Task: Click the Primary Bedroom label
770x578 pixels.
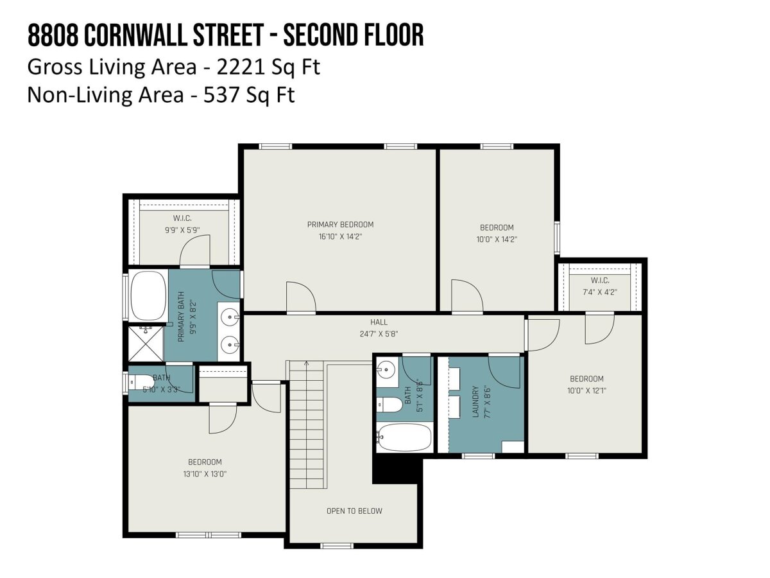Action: [x=340, y=225]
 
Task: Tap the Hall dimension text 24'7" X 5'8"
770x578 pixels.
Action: [x=379, y=334]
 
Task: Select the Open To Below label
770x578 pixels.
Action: [x=354, y=511]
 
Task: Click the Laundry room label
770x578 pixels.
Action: [x=475, y=402]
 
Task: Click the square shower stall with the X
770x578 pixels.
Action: [x=146, y=344]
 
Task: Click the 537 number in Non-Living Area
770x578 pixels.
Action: [x=219, y=95]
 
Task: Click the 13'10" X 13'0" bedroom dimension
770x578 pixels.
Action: [x=205, y=474]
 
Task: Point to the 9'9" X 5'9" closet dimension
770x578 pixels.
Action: [x=182, y=230]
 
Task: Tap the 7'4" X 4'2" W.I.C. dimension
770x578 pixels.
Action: [x=600, y=292]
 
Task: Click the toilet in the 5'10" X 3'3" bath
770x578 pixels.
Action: [x=141, y=382]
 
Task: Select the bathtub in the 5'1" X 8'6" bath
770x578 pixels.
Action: [x=404, y=437]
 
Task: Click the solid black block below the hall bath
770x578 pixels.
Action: [x=397, y=471]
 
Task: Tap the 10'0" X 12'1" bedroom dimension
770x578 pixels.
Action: [x=586, y=390]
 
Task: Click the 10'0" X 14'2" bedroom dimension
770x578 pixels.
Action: [x=497, y=240]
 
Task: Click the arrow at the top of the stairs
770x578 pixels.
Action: [x=306, y=363]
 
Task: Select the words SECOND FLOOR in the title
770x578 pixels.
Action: [x=354, y=35]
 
